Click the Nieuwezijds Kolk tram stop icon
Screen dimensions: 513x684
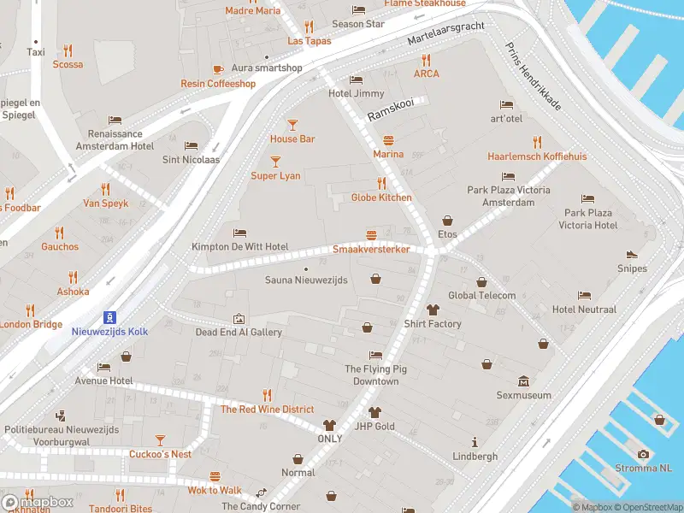(x=109, y=316)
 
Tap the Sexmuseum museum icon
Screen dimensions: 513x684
(x=523, y=381)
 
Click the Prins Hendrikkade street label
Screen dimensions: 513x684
(x=533, y=77)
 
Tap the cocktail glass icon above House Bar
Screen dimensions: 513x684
(x=292, y=124)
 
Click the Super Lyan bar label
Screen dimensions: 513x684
(x=275, y=175)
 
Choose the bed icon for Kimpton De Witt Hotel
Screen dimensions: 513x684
(x=239, y=233)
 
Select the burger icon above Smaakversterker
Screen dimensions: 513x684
(x=371, y=235)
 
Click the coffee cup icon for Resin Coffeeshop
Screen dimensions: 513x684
(x=217, y=69)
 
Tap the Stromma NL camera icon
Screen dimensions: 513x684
(x=643, y=454)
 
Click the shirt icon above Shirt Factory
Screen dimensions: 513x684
(x=433, y=310)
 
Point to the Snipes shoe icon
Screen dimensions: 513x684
(x=632, y=254)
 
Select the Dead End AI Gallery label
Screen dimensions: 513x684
(x=239, y=332)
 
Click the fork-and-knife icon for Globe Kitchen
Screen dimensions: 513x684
(x=381, y=183)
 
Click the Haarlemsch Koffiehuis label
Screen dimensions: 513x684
(x=537, y=156)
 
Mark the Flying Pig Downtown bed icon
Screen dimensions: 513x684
(x=376, y=355)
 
